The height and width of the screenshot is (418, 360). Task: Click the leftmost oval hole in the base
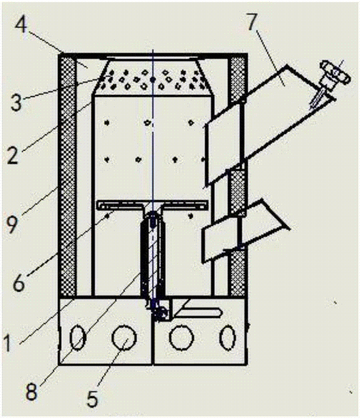pos(77,337)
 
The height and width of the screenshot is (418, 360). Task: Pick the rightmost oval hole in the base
pos(229,337)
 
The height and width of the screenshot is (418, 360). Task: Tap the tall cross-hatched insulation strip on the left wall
pos(67,176)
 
